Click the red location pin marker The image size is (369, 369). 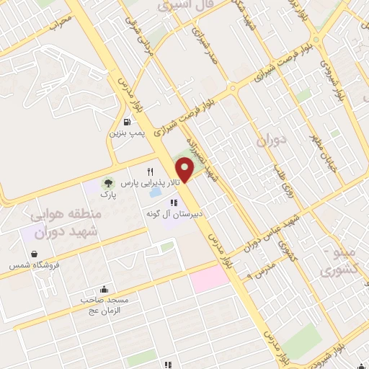click(184, 169)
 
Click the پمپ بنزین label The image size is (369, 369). click(128, 133)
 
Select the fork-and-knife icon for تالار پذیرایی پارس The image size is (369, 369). click(151, 172)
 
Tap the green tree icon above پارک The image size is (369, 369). click(107, 183)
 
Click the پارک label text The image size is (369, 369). click(107, 195)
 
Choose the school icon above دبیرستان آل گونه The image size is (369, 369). click(173, 203)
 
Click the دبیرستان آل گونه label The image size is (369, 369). click(173, 214)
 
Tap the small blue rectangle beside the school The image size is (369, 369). click(154, 195)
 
